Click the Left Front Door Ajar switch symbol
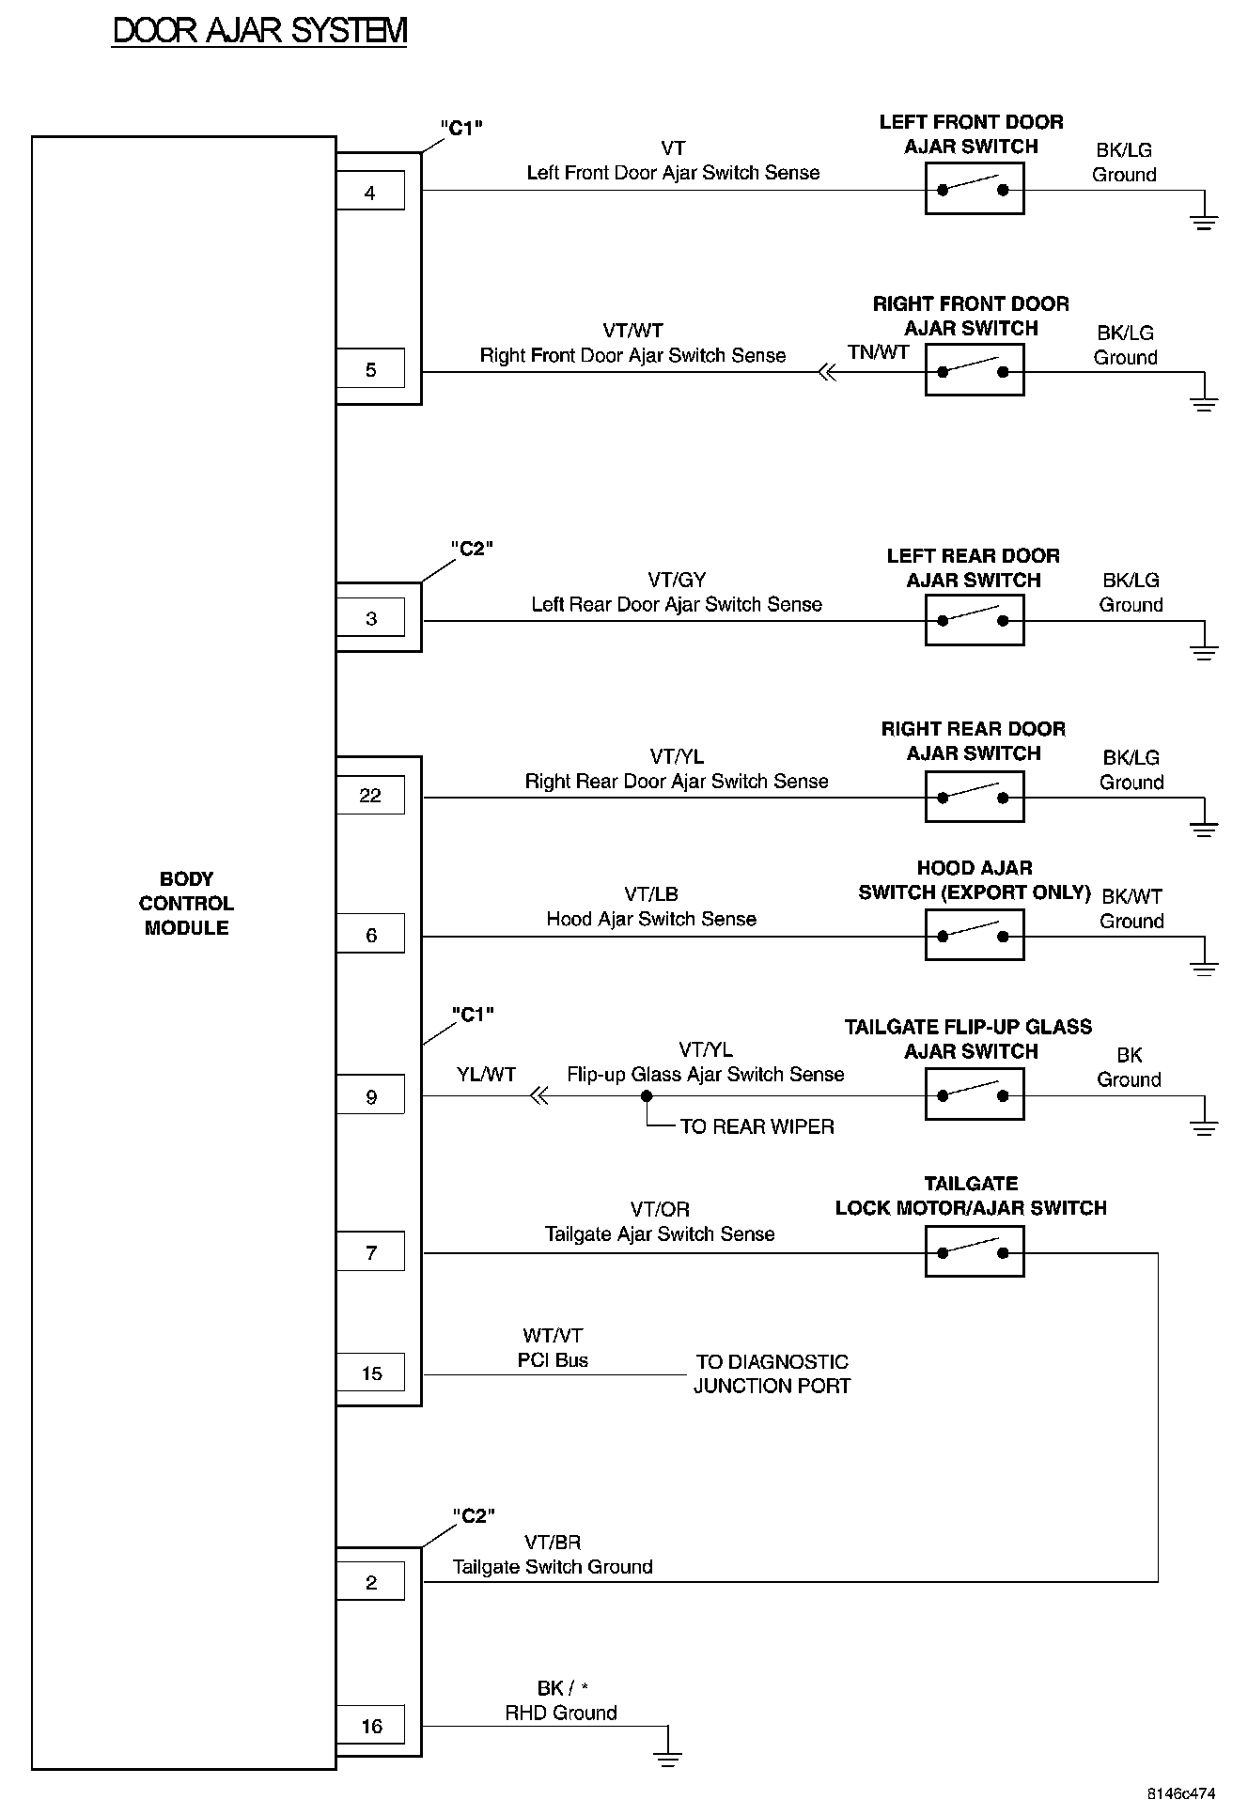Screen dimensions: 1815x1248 (x=974, y=189)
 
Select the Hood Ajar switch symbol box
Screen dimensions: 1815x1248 (x=974, y=936)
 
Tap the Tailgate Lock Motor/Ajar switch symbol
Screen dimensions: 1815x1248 (x=974, y=1252)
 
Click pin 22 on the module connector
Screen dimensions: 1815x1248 (x=370, y=796)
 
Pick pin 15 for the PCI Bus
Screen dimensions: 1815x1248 (x=370, y=1373)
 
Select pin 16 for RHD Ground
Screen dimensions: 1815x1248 (x=370, y=1726)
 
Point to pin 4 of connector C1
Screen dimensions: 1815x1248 (x=370, y=192)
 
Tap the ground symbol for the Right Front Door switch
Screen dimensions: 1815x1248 (x=1204, y=403)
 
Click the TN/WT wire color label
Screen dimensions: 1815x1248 (x=878, y=352)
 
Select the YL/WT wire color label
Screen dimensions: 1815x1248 (x=486, y=1075)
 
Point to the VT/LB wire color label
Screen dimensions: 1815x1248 (x=651, y=894)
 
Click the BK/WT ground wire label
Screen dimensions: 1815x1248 (x=1131, y=896)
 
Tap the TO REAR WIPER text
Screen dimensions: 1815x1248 (x=757, y=1126)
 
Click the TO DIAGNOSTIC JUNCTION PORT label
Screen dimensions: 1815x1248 (x=772, y=1373)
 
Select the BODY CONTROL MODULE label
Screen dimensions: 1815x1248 (x=186, y=904)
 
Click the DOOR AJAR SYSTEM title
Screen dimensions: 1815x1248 (x=259, y=31)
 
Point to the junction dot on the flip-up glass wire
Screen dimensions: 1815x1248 (x=647, y=1095)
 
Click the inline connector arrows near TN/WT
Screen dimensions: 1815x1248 (x=826, y=373)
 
